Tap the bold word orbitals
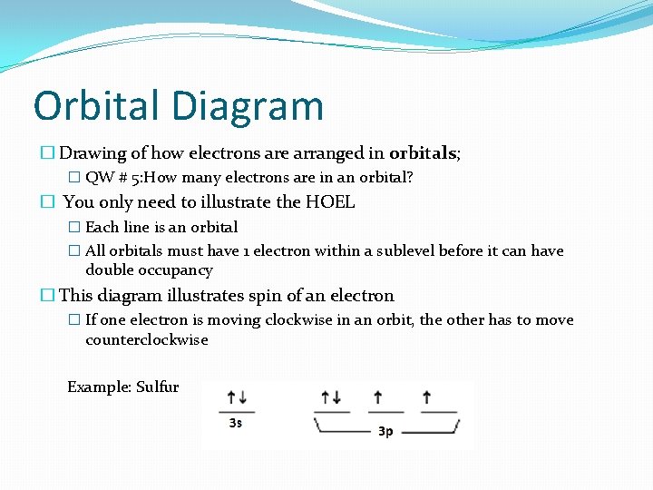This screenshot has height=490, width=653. point(424,153)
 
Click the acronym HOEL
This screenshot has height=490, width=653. point(331,202)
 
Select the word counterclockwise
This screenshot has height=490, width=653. point(147,340)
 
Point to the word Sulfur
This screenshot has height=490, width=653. point(158,387)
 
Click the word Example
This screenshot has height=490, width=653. point(99,387)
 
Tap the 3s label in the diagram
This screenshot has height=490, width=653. point(236,423)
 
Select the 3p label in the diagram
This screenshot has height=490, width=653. point(385,432)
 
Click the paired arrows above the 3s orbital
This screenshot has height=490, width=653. point(237,397)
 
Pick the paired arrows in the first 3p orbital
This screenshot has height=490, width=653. point(330,397)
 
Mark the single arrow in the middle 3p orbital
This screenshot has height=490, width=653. point(377,397)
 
